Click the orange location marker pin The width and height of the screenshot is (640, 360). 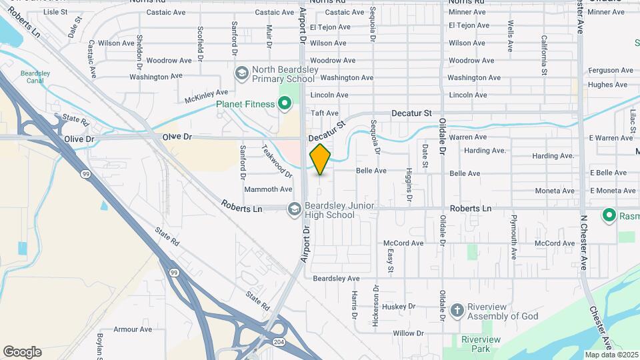320,159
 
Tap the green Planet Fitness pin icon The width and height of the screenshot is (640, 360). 285,103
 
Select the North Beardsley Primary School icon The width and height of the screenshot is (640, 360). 241,72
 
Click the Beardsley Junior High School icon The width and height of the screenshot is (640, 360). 293,209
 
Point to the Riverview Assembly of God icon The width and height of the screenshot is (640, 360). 457,310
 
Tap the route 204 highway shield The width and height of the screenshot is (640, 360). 279,341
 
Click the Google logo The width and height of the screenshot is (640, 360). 22,352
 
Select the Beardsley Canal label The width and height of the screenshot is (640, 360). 35,77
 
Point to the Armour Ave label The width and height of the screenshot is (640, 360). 133,329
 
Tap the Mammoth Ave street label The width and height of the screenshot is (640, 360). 269,190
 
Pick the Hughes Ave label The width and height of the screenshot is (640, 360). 607,85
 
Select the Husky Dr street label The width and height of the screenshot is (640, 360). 399,307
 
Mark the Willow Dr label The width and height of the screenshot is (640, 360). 408,333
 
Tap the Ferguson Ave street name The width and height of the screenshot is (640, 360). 609,70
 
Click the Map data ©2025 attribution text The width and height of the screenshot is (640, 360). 611,355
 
